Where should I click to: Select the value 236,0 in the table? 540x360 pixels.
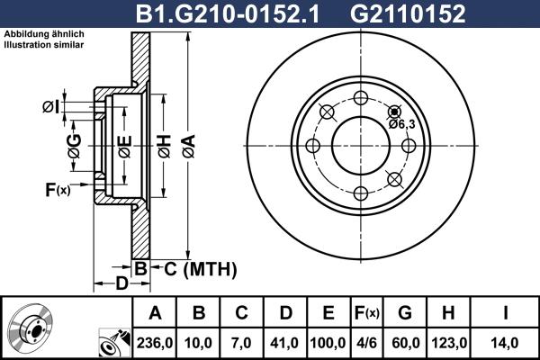(154, 343)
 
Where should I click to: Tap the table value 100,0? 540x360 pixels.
(328, 343)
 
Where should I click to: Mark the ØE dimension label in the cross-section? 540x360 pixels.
(124, 144)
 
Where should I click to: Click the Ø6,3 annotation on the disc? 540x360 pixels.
(401, 124)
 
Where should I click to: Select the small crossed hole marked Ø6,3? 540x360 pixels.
(393, 112)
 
